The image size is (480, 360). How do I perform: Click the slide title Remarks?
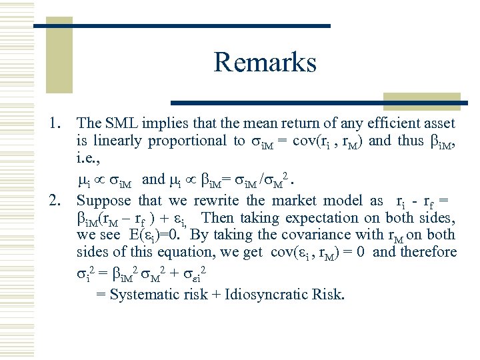tap(265, 63)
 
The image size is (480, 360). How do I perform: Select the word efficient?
tap(390, 123)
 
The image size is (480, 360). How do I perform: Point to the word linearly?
tap(117, 140)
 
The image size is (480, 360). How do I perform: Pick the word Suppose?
tap(104, 201)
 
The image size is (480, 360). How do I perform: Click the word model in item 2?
tap(347, 201)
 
